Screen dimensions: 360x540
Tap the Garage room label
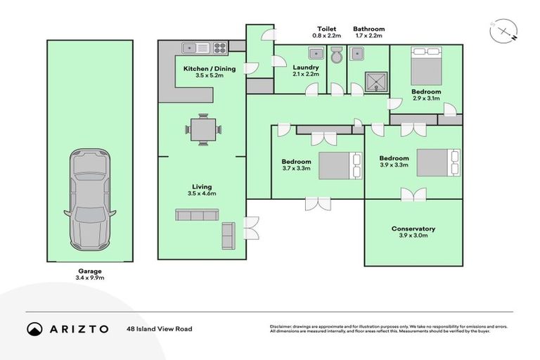pyautogui.click(x=90, y=271)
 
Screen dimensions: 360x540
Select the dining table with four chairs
pyautogui.click(x=203, y=129)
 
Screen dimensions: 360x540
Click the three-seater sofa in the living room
pyautogui.click(x=195, y=215)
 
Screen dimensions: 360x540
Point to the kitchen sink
pyautogui.click(x=193, y=49)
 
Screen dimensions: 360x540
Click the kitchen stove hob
pyautogui.click(x=219, y=49)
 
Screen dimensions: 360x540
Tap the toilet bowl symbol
pyautogui.click(x=336, y=55)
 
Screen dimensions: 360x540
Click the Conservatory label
pyautogui.click(x=413, y=229)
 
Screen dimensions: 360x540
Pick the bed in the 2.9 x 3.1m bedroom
pyautogui.click(x=425, y=65)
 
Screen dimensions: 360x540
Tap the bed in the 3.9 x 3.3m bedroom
pyautogui.click(x=438, y=162)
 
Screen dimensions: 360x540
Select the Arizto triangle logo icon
pyautogui.click(x=34, y=329)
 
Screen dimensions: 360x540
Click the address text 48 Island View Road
pyautogui.click(x=159, y=328)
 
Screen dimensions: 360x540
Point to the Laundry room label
pyautogui.click(x=305, y=67)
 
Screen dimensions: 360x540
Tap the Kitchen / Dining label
pyautogui.click(x=210, y=68)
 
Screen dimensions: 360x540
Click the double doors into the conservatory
pyautogui.click(x=413, y=195)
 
